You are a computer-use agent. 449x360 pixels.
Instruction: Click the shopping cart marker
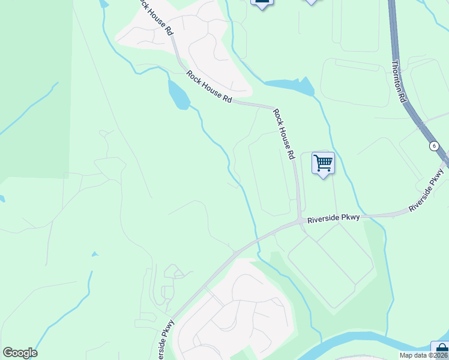pos(323,163)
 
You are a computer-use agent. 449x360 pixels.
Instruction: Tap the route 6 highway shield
pos(433,146)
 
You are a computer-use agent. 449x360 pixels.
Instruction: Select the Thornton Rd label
pos(400,82)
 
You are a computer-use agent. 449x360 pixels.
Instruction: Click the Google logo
pos(20,353)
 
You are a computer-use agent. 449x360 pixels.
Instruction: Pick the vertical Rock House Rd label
pos(285,133)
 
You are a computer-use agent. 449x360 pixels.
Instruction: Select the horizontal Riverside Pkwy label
pos(333,219)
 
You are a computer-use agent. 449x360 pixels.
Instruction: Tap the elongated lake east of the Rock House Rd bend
pos(288,86)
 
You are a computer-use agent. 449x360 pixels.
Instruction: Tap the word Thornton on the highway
pos(398,75)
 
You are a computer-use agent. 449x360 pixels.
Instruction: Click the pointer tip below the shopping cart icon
pos(324,177)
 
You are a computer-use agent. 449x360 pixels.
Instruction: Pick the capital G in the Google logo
pos(8,353)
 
